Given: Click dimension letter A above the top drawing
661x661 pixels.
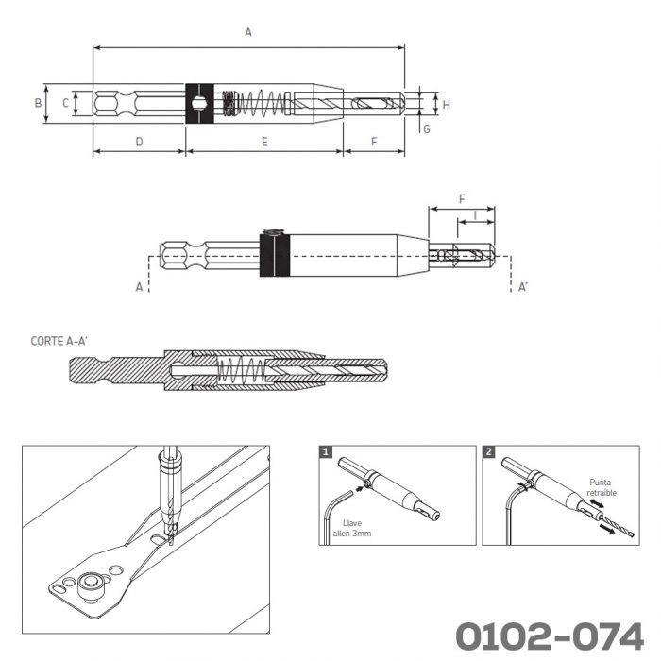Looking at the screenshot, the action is [x=248, y=32].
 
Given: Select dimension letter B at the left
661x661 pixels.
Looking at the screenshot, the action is [x=38, y=103].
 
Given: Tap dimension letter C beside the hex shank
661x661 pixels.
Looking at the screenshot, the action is [x=65, y=103].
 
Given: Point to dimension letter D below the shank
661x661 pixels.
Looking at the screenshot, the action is [x=139, y=142].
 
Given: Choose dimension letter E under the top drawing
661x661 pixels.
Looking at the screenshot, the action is [x=264, y=142].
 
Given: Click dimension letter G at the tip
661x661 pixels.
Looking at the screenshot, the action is [x=427, y=129].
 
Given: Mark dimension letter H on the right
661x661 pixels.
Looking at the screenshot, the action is [x=447, y=105].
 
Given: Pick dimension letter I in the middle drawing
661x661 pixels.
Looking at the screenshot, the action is [x=475, y=215].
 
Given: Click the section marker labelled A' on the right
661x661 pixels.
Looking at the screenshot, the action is [x=523, y=287].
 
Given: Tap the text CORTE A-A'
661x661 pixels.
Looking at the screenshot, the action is [x=59, y=341].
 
